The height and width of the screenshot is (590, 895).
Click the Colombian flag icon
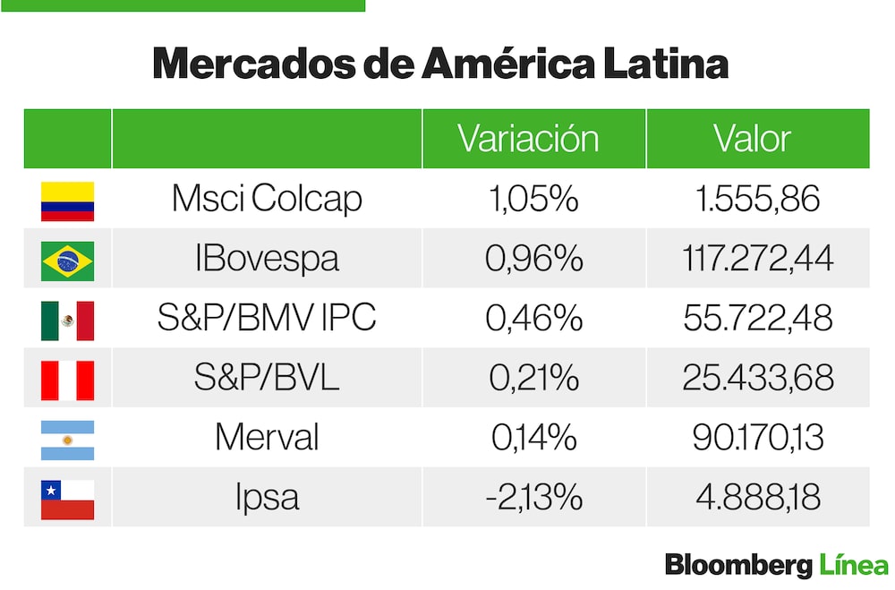coord(67,201)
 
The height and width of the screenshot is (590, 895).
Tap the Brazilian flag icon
coord(67,261)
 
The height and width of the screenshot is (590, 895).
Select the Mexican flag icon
coord(67,321)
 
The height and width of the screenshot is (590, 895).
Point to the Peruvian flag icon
coord(67,380)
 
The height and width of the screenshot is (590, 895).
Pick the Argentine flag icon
coord(67,440)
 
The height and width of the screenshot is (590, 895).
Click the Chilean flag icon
coord(67,499)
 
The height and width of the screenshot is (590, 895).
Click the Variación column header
coord(528,139)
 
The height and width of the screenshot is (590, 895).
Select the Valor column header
coord(752,139)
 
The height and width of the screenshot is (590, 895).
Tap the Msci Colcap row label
coord(267,199)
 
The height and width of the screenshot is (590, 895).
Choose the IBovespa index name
coord(267,259)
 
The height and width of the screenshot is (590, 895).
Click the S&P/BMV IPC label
coord(267,319)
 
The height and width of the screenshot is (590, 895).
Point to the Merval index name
coord(267,438)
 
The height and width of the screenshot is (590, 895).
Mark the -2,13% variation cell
coord(533,498)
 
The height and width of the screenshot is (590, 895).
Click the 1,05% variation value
coord(533,199)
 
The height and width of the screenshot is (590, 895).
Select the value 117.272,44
coord(757,259)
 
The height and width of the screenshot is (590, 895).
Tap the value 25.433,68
coord(757,379)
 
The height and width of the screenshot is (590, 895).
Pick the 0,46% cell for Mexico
coord(533,319)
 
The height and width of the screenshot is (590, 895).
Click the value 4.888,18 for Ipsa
coord(757,498)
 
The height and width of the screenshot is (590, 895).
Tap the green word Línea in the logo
coord(854,566)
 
